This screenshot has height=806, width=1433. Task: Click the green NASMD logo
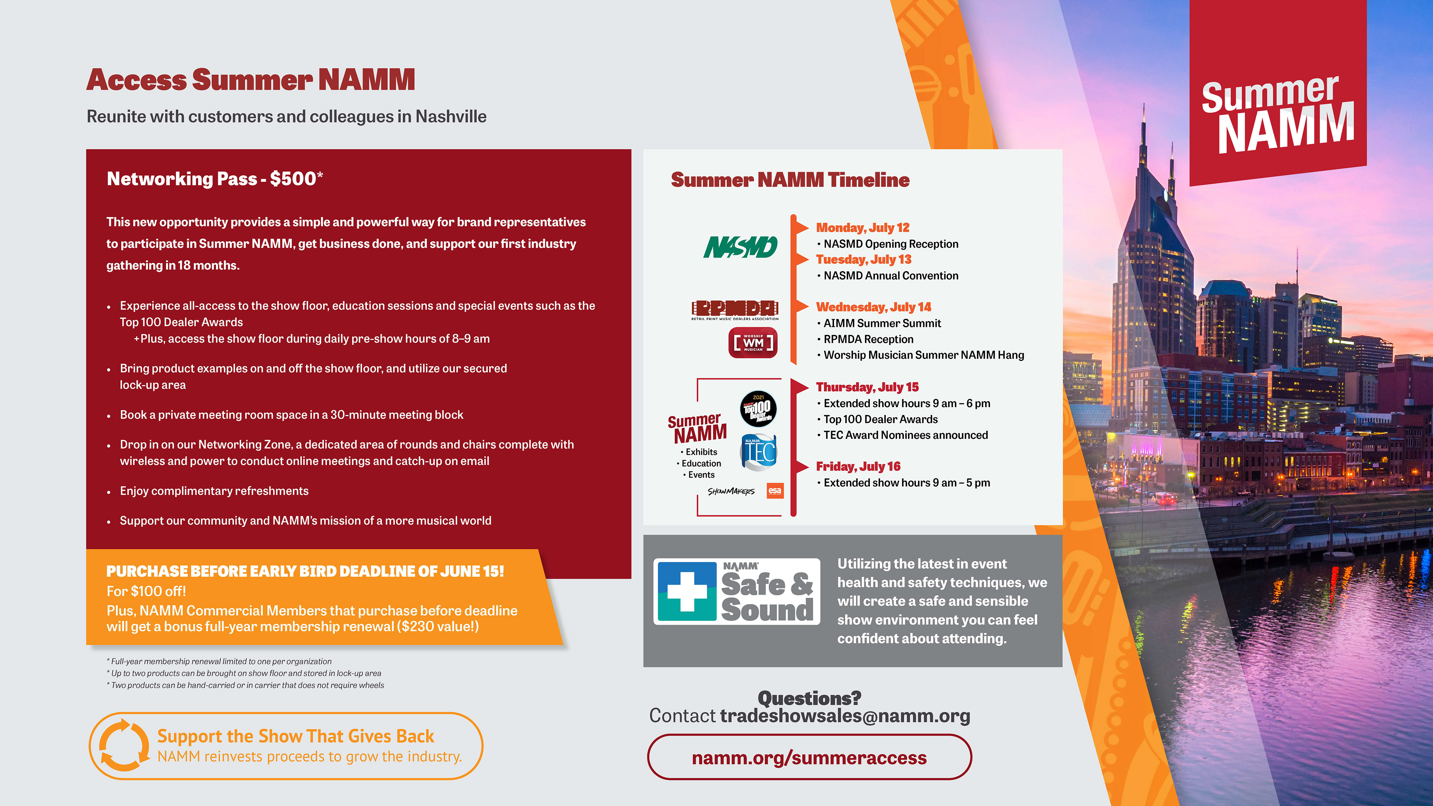(740, 247)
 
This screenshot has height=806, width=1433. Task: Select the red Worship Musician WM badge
(753, 343)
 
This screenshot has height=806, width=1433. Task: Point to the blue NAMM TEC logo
(759, 452)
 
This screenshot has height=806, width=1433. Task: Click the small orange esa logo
(775, 491)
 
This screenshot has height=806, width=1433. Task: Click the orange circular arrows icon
(124, 746)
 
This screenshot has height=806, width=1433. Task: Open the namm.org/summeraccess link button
(809, 757)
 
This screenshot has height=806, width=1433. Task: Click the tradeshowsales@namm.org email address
(845, 716)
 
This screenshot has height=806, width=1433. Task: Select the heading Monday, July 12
(862, 228)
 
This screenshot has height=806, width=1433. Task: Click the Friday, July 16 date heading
(858, 466)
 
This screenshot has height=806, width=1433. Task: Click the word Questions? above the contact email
(809, 697)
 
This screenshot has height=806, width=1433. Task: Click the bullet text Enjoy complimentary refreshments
(214, 491)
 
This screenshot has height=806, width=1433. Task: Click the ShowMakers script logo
(731, 491)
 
